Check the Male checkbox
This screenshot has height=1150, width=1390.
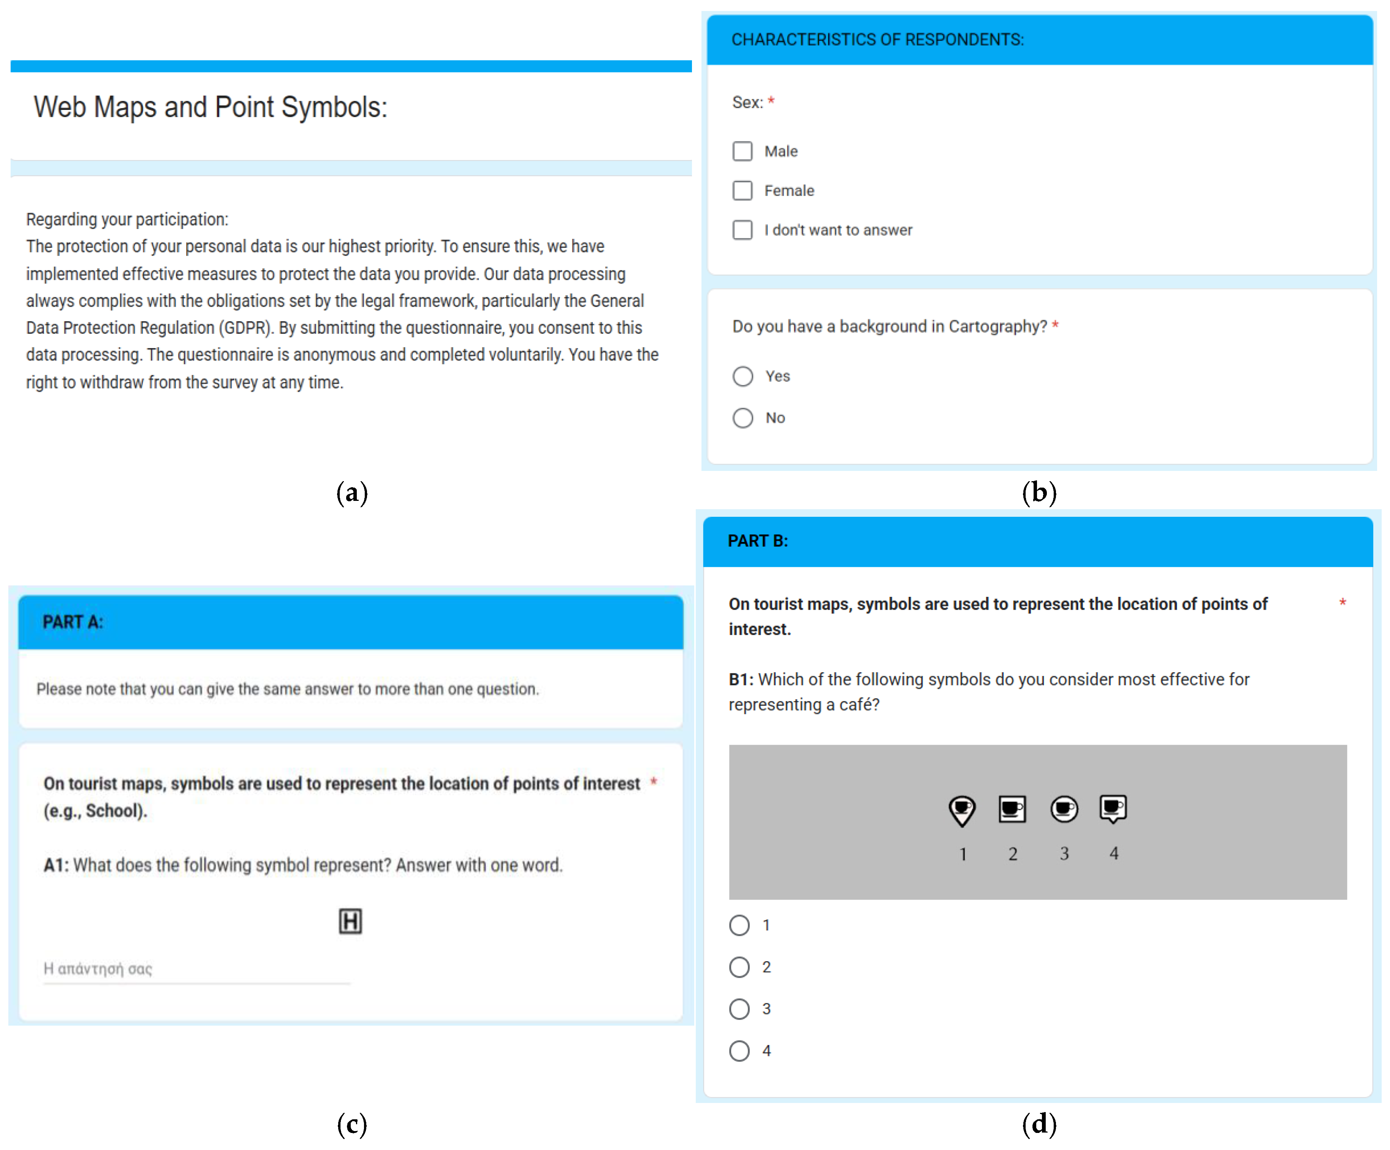tap(742, 151)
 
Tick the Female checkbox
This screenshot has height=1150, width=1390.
tap(742, 191)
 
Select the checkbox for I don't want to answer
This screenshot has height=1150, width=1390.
tap(742, 230)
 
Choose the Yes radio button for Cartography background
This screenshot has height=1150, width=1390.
tap(743, 376)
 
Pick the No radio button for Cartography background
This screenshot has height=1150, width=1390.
tap(743, 418)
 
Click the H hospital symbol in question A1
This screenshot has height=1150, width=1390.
tap(350, 921)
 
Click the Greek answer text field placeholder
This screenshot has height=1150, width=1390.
tap(98, 969)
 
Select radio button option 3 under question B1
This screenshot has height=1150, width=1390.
tap(739, 1009)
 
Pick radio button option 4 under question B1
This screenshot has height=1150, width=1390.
tap(739, 1051)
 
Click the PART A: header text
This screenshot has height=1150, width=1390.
tap(73, 622)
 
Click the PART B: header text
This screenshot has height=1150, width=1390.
tap(758, 541)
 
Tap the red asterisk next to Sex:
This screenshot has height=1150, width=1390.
tap(771, 100)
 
